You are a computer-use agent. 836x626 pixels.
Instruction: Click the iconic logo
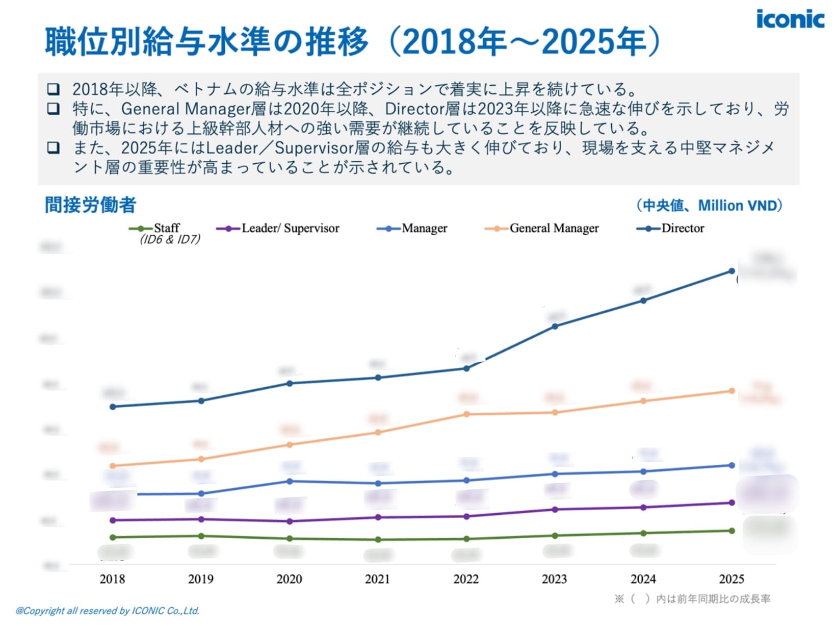[790, 19]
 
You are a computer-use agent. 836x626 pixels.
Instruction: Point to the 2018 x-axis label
[112, 579]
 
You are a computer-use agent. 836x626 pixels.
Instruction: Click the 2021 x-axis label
[377, 579]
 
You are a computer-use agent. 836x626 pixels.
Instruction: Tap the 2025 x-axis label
[731, 579]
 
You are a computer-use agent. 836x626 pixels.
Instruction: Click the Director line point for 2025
[731, 271]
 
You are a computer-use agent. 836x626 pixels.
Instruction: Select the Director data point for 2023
[555, 326]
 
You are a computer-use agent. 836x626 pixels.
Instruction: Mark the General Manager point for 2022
[466, 414]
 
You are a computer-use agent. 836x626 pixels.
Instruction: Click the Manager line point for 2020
[290, 481]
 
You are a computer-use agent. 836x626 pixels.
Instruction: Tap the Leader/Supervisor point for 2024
[643, 507]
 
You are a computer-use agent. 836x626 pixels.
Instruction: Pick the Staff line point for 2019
[201, 536]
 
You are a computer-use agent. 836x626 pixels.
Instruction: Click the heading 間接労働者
[91, 205]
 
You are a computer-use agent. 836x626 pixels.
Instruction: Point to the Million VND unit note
[709, 206]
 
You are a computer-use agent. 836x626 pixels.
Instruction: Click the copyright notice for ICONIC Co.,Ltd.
[108, 611]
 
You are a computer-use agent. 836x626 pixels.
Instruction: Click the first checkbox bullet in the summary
[53, 89]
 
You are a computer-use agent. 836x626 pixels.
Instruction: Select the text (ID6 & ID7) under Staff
[170, 239]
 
